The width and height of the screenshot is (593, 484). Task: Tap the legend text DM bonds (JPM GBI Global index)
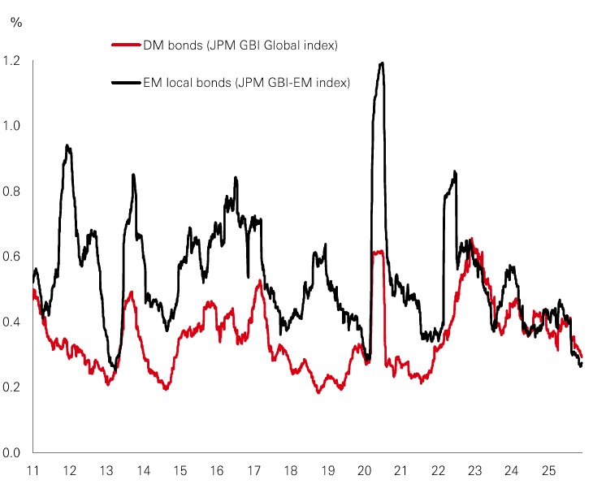pyautogui.click(x=229, y=45)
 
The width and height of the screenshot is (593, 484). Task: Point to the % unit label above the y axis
pyautogui.click(x=15, y=22)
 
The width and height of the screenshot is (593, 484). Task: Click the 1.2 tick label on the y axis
pyautogui.click(x=13, y=60)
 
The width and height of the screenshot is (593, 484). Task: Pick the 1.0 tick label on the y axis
pyautogui.click(x=13, y=126)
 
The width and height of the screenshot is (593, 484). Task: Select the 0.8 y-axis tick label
pyautogui.click(x=13, y=192)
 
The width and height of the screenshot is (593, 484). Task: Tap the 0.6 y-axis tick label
pyautogui.click(x=13, y=257)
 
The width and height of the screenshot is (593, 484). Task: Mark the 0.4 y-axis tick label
pyautogui.click(x=13, y=322)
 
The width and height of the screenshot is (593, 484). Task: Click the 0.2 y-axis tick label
pyautogui.click(x=13, y=387)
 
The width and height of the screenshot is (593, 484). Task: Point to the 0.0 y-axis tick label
pyautogui.click(x=13, y=452)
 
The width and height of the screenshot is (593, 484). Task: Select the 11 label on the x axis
pyautogui.click(x=33, y=470)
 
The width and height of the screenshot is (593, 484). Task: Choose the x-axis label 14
pyautogui.click(x=143, y=470)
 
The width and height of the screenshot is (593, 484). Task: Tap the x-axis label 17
pyautogui.click(x=253, y=470)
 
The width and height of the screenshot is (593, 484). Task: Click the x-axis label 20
pyautogui.click(x=364, y=470)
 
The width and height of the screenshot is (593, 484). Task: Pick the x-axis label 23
pyautogui.click(x=474, y=470)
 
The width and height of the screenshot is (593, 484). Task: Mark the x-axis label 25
pyautogui.click(x=548, y=470)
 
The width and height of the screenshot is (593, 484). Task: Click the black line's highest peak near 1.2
pyautogui.click(x=381, y=63)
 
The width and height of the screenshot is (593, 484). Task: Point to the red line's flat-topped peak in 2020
pyautogui.click(x=378, y=253)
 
